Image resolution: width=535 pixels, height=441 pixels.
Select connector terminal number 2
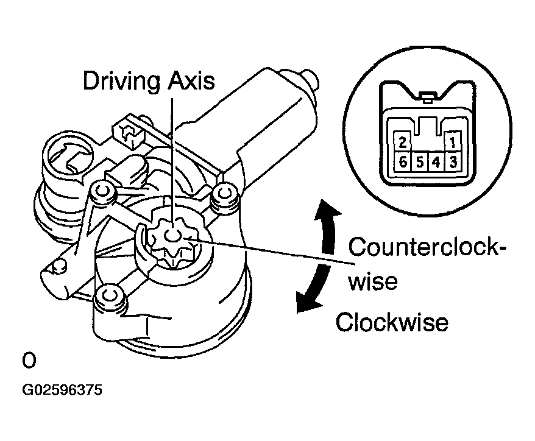402,143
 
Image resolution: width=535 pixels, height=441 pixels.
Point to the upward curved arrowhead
325,211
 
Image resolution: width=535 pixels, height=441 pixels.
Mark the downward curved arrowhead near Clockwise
303,303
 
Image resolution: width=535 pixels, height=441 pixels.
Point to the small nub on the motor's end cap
309,77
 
